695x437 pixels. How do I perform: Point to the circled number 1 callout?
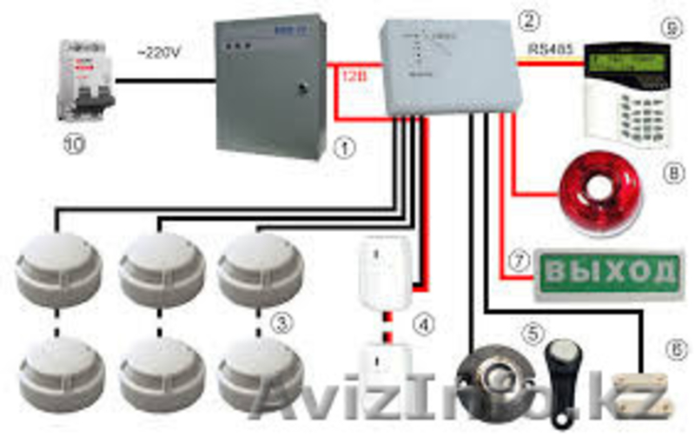344,147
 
